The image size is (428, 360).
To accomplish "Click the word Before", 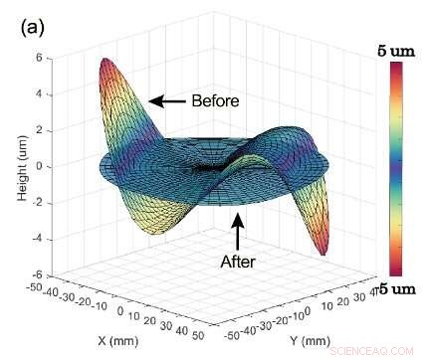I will coord(214,100).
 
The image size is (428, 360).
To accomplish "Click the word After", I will coord(237,262).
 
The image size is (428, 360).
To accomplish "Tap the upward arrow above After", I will coord(237,231).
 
